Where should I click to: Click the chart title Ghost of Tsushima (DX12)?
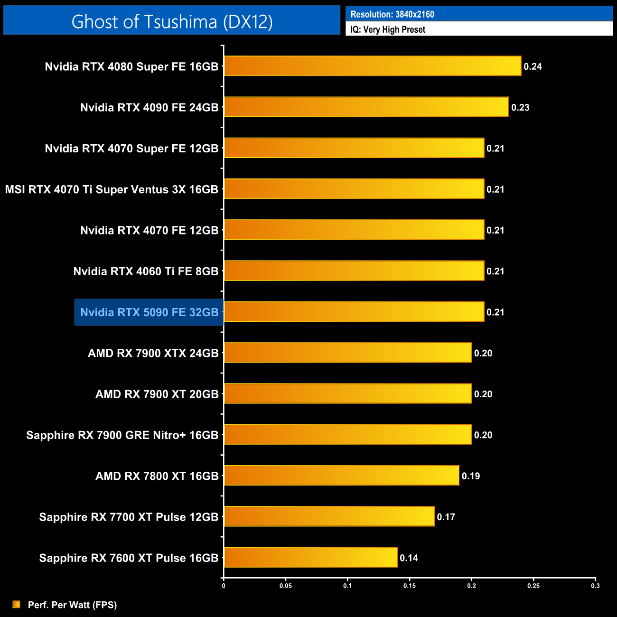(172, 22)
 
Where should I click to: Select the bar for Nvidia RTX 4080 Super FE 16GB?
(373, 66)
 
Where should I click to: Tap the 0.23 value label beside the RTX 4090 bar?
(520, 107)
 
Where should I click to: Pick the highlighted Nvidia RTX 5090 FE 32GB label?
(149, 312)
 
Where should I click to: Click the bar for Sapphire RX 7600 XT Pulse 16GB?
(310, 557)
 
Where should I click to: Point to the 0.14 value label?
(409, 558)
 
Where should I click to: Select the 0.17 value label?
(446, 517)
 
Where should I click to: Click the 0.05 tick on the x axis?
(286, 586)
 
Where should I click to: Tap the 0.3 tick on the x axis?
(595, 586)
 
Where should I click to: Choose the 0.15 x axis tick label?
(410, 586)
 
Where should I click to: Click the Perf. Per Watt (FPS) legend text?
(72, 605)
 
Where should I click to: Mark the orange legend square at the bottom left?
(17, 604)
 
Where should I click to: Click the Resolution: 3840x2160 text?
(392, 14)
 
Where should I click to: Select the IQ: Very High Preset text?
(388, 29)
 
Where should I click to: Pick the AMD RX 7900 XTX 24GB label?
(153, 353)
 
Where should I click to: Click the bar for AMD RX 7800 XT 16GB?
(342, 476)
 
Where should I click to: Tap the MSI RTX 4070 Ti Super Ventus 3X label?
(112, 189)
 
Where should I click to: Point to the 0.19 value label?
(471, 476)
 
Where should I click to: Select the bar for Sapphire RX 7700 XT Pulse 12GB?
(329, 516)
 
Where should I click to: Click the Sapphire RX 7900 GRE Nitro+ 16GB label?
(122, 435)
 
